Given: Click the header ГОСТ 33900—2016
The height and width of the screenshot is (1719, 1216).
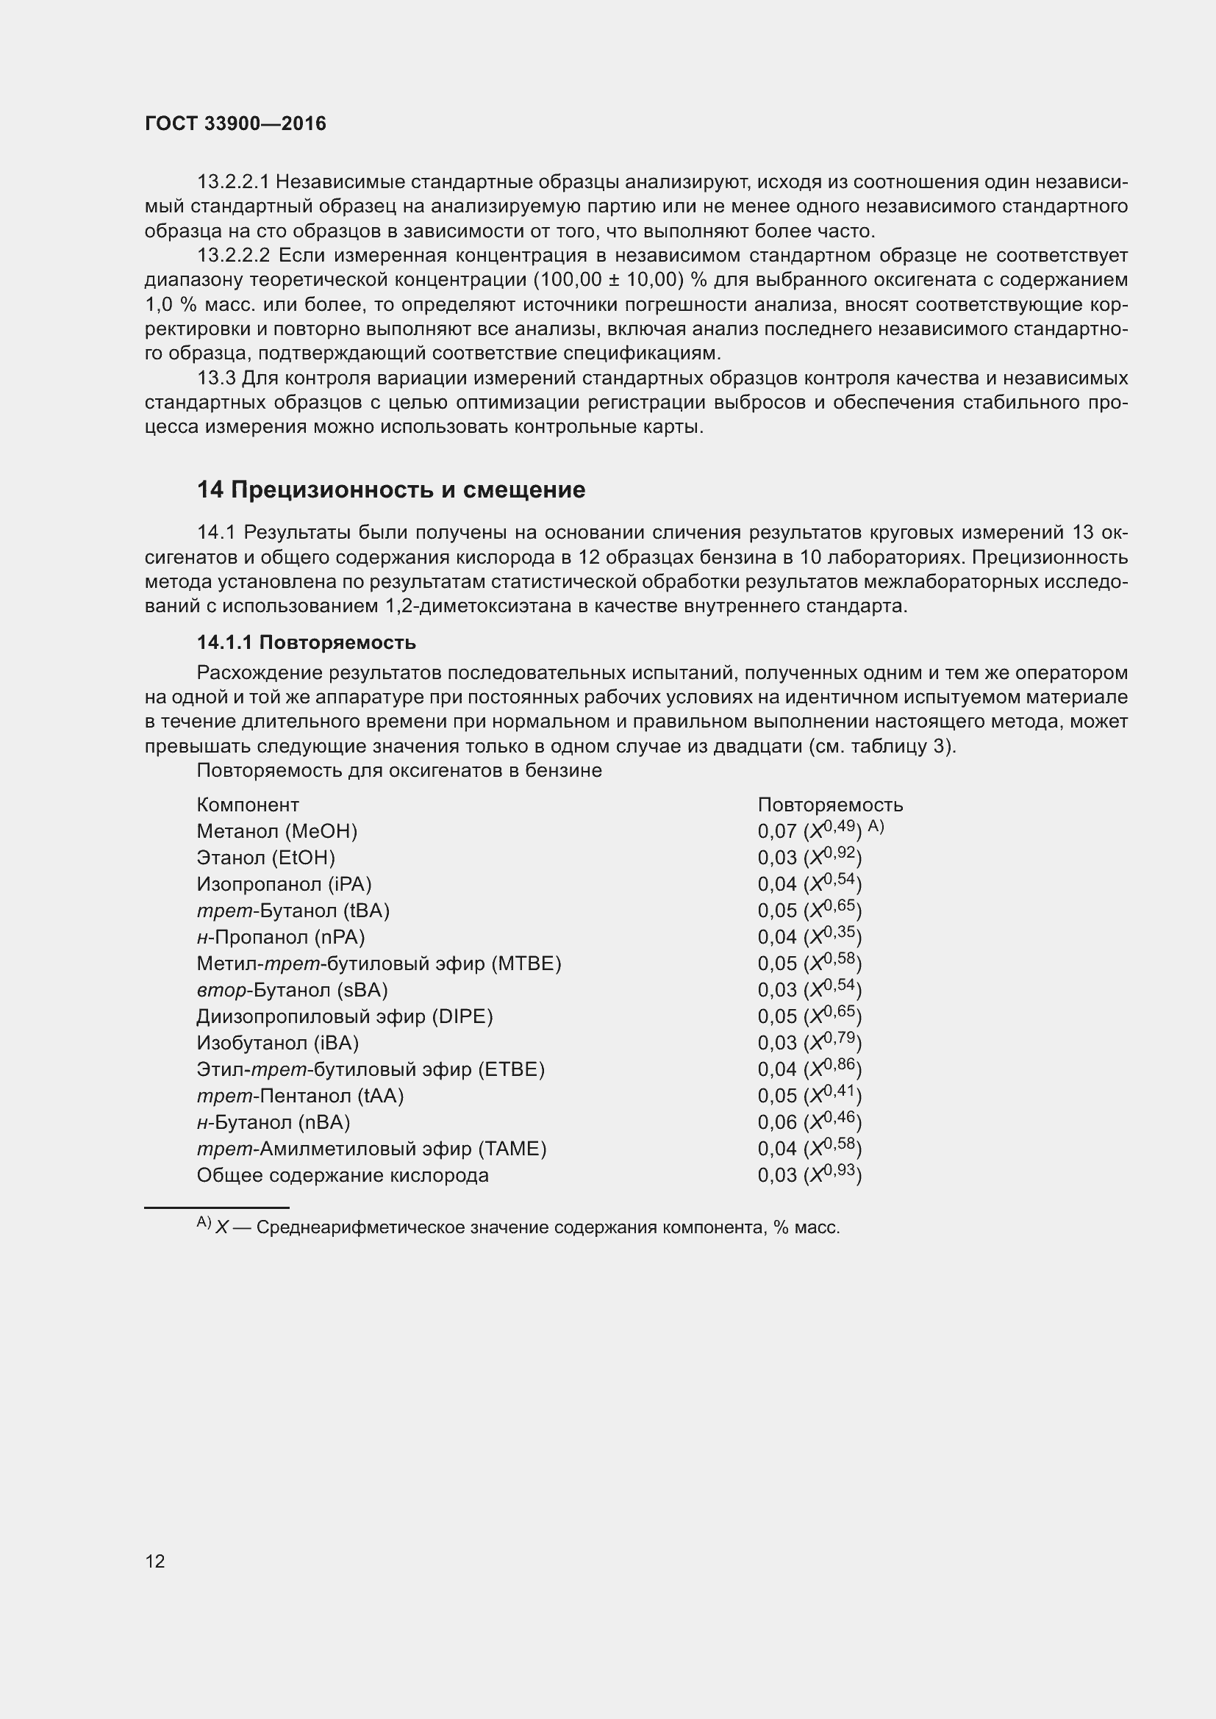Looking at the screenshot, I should pyautogui.click(x=235, y=123).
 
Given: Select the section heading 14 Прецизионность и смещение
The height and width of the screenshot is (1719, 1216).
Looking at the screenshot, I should pyautogui.click(x=391, y=489).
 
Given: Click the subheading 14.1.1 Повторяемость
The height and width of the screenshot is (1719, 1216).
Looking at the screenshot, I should pyautogui.click(x=307, y=642).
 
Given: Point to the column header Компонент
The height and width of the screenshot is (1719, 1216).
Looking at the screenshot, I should pyautogui.click(x=248, y=805).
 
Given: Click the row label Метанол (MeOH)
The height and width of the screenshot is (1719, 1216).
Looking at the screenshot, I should pyautogui.click(x=277, y=831).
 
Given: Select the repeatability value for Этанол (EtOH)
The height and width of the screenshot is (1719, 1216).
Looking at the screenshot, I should pyautogui.click(x=809, y=857).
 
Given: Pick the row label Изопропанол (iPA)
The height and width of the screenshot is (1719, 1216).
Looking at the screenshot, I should pyautogui.click(x=284, y=884).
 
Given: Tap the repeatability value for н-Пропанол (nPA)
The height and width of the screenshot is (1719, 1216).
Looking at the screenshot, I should pyautogui.click(x=809, y=936).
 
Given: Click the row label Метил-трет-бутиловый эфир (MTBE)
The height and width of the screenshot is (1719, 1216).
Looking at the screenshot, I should pyautogui.click(x=379, y=963).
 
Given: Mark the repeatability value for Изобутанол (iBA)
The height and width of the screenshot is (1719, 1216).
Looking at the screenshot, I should pyautogui.click(x=809, y=1043).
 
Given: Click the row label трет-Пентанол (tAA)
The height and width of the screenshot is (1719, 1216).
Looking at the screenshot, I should pyautogui.click(x=299, y=1096).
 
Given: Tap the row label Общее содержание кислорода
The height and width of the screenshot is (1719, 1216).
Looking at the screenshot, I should pyautogui.click(x=342, y=1175).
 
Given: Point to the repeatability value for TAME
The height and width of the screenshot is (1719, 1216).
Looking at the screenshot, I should pyautogui.click(x=809, y=1149).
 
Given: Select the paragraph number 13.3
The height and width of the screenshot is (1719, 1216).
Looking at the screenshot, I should pyautogui.click(x=215, y=378).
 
